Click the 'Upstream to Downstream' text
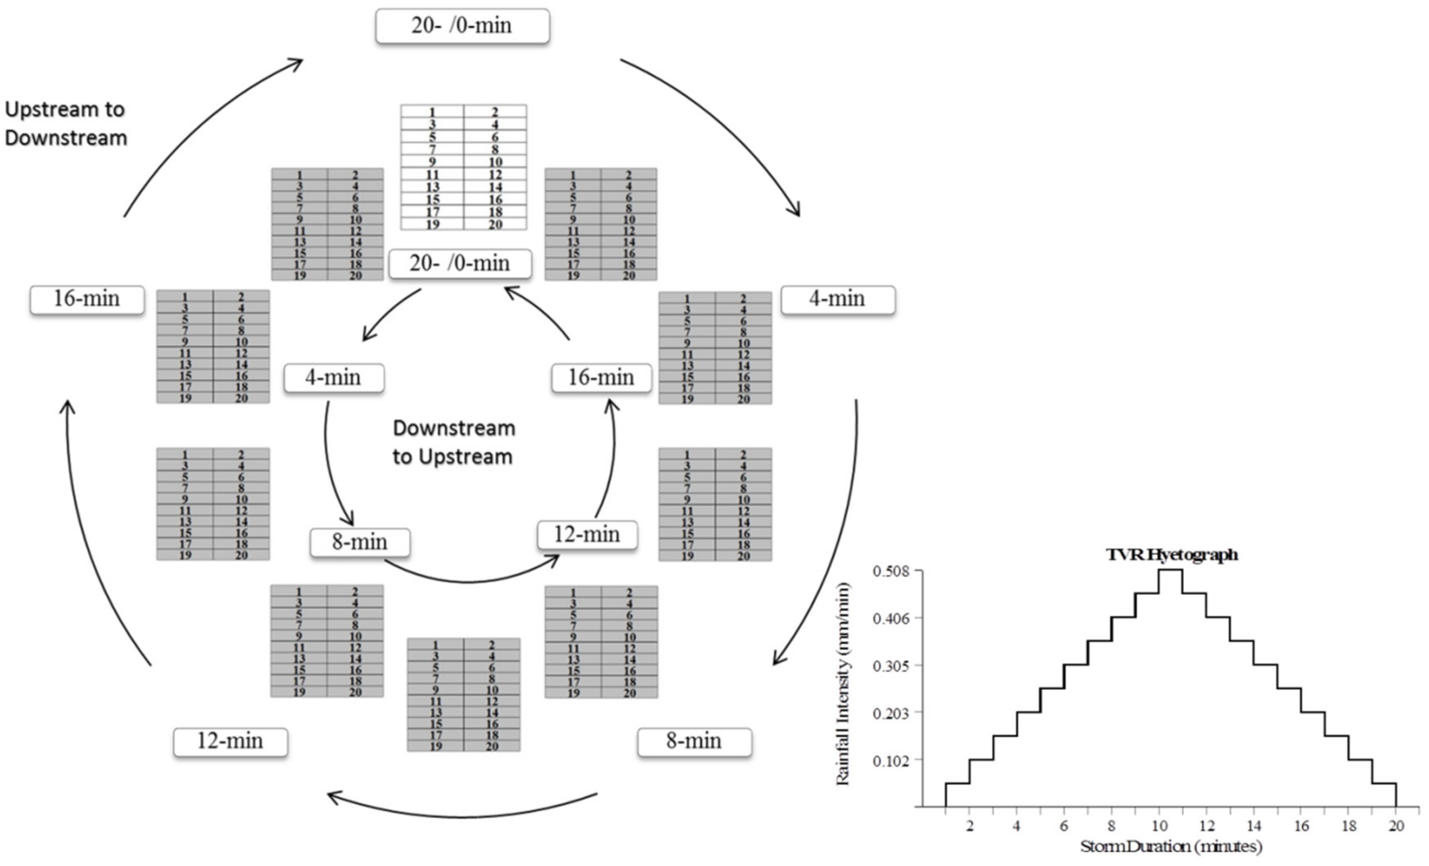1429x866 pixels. (x=65, y=123)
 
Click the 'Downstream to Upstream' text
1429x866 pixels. (x=454, y=442)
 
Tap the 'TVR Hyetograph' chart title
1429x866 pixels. (x=1172, y=555)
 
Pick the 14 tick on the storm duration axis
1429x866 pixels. (x=1254, y=826)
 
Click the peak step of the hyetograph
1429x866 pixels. (x=1170, y=570)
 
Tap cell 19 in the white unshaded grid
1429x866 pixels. (x=432, y=225)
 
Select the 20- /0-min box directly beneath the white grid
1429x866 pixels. (x=460, y=264)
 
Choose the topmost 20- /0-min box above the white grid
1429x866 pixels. (x=462, y=26)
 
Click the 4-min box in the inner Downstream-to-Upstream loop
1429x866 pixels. (x=333, y=378)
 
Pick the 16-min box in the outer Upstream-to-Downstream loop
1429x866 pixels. (x=87, y=299)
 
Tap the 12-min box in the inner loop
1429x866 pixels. (x=587, y=534)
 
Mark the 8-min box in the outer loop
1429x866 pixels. (x=694, y=741)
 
